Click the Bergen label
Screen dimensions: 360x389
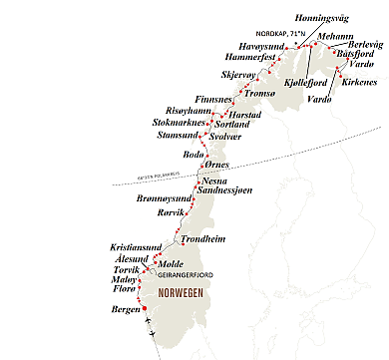(x=126, y=310)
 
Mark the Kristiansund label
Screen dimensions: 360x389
(x=140, y=246)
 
